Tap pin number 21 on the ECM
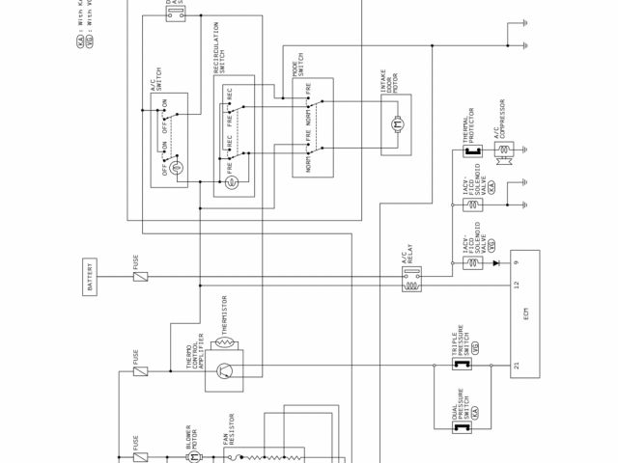tap(518, 366)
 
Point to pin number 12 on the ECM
tap(518, 286)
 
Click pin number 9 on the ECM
tap(518, 262)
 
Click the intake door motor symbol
tap(395, 123)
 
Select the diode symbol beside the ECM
tap(494, 262)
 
